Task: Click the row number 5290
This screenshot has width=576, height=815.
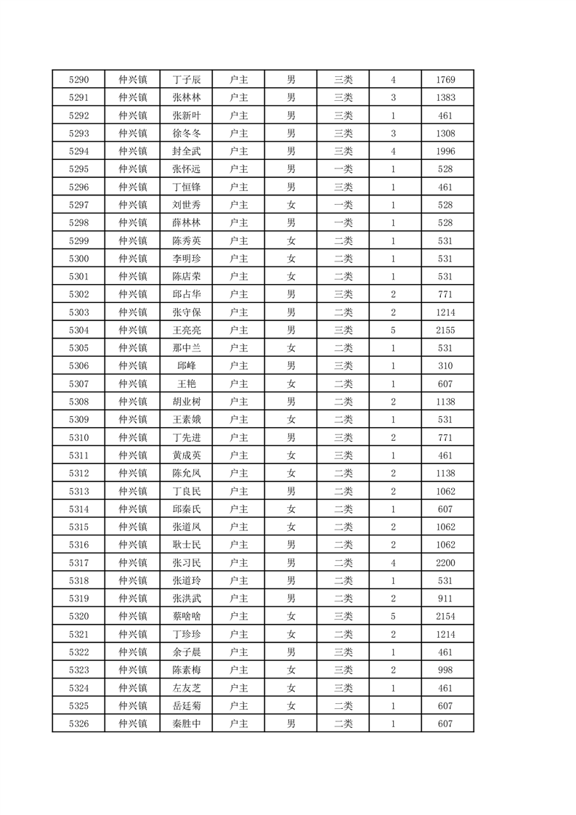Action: [78, 79]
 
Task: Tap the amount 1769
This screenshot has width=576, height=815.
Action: [446, 79]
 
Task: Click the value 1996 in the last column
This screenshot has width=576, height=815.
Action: [446, 151]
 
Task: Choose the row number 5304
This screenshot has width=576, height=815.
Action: [78, 330]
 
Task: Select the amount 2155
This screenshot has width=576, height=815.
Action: [446, 330]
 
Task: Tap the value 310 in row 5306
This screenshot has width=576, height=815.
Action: [446, 365]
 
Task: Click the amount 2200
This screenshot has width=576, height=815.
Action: [446, 562]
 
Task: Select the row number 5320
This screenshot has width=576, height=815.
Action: [78, 616]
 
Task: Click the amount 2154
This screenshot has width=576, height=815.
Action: [446, 616]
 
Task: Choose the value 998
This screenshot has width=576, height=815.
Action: [446, 670]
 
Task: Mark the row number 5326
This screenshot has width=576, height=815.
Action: [78, 723]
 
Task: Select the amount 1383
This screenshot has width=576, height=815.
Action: [446, 97]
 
